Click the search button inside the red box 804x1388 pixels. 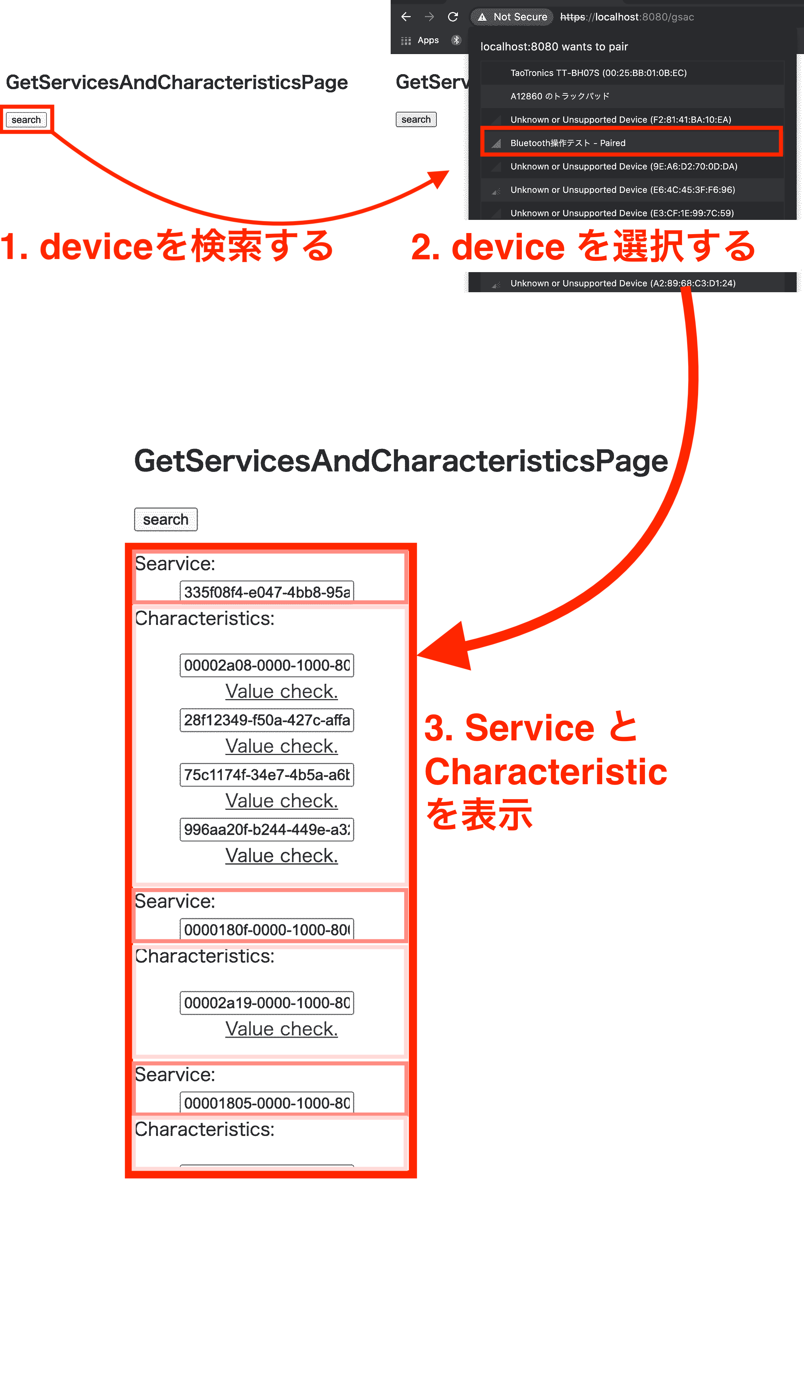[x=26, y=119]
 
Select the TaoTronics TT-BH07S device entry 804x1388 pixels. [x=598, y=73]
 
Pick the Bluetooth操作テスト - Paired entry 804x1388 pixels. [x=568, y=143]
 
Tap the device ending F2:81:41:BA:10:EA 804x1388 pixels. [x=621, y=119]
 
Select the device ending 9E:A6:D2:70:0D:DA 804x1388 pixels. [x=623, y=166]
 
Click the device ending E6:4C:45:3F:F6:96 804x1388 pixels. [x=622, y=190]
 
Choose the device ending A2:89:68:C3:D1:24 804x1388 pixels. [x=623, y=283]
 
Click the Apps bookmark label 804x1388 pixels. [x=428, y=40]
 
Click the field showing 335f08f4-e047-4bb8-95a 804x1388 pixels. [x=267, y=592]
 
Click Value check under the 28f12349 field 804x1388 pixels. [x=282, y=746]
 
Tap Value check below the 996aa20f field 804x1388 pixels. [x=282, y=856]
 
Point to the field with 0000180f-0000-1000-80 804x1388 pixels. [x=267, y=930]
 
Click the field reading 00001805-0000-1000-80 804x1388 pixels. [x=267, y=1103]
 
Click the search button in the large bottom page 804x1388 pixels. [x=165, y=519]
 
